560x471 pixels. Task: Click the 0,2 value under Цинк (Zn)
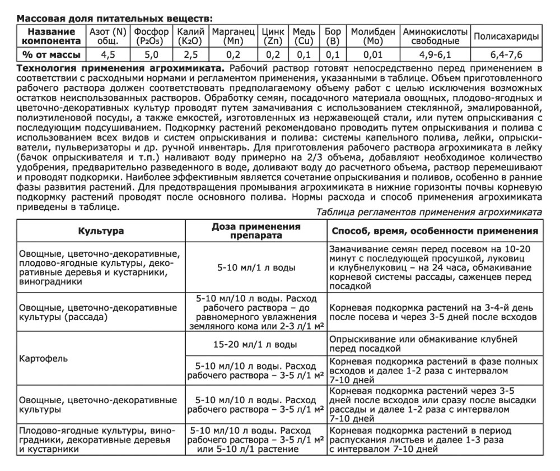[273, 54]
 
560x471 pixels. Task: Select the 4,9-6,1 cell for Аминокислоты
[435, 54]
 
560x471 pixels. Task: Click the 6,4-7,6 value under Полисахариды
[506, 54]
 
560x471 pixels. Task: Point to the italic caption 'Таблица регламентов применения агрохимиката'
[428, 212]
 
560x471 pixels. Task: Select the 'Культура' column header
[101, 231]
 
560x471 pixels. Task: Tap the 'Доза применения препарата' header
[256, 231]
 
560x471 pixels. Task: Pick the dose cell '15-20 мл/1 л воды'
[255, 344]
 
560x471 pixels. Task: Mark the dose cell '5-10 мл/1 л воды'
[255, 267]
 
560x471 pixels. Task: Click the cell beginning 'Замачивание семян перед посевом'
[433, 267]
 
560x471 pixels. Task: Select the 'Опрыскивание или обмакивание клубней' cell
[433, 344]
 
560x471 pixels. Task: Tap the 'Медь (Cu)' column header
[304, 36]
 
